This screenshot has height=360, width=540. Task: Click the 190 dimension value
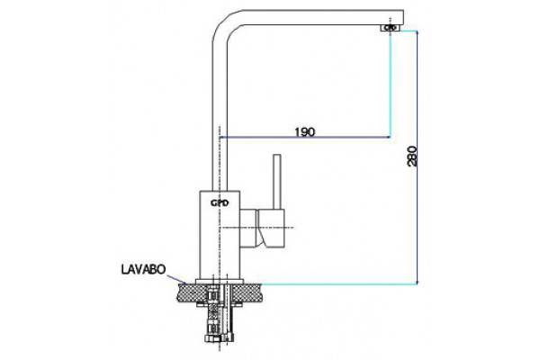coord(305,131)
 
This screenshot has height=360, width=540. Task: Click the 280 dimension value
coord(412,157)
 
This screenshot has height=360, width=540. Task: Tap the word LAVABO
coord(143,269)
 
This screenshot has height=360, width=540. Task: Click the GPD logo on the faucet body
coord(220,203)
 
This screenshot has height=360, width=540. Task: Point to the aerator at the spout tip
coord(391,28)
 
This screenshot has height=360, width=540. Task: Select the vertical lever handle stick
coord(277,182)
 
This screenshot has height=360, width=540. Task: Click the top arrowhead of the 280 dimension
coord(417,32)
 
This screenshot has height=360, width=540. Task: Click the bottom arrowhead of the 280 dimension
coord(417,282)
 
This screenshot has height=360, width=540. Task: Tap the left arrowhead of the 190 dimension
coord(222,137)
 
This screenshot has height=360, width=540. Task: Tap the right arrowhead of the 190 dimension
coord(388,137)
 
